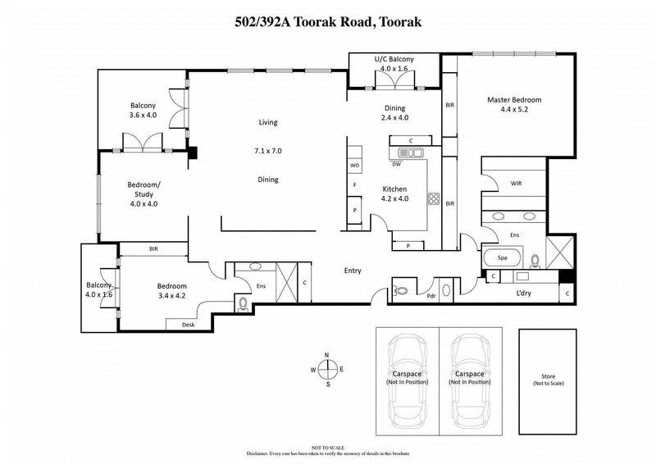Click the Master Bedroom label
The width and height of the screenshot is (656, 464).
point(514,105)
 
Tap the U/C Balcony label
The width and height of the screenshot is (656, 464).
point(394,64)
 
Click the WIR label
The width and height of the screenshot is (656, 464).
point(517,184)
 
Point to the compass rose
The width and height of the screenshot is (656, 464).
point(327,369)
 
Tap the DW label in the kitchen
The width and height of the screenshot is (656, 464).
point(396,163)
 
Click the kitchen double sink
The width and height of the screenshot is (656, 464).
point(411,152)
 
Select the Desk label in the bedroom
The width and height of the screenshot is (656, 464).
point(176,325)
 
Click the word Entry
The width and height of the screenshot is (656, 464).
point(353,271)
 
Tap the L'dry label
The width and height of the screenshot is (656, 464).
point(525,293)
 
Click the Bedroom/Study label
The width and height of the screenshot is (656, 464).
point(143,193)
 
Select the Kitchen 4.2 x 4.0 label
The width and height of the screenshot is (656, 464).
point(394,193)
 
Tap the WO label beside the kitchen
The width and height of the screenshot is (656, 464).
point(355,166)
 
